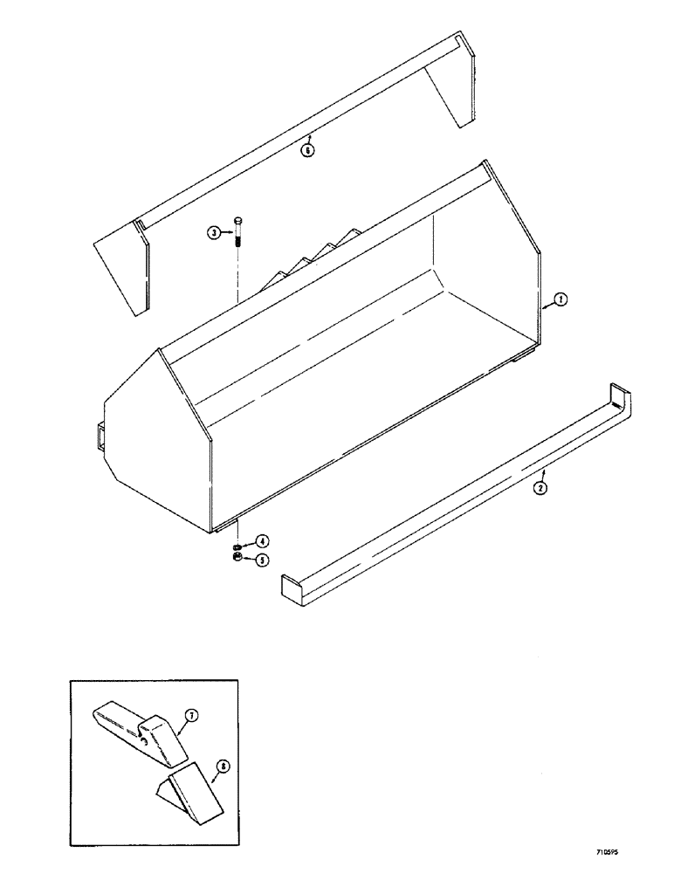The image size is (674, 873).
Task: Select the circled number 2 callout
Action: (540, 489)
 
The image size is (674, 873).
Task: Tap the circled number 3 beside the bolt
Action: (213, 232)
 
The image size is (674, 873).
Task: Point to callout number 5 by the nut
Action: (262, 560)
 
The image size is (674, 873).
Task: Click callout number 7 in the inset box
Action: (192, 716)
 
